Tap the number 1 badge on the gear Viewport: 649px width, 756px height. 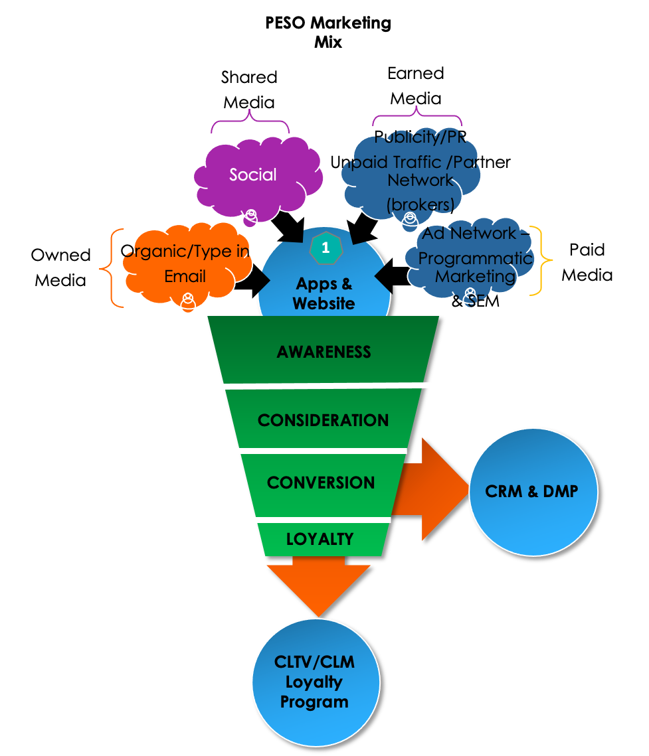pyautogui.click(x=325, y=248)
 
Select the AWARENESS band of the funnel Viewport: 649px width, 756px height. pyautogui.click(x=324, y=352)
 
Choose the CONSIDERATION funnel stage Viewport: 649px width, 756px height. pyautogui.click(x=323, y=420)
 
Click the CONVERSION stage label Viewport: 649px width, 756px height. pyautogui.click(x=321, y=483)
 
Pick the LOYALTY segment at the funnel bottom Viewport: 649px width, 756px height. pyautogui.click(x=320, y=539)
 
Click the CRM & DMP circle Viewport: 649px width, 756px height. pyautogui.click(x=532, y=492)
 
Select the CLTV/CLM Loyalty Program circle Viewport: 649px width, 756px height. pyautogui.click(x=315, y=682)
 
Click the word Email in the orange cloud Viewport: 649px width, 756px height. pyautogui.click(x=185, y=276)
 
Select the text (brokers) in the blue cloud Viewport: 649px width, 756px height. pyautogui.click(x=420, y=203)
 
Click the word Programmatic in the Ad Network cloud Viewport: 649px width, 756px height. pyautogui.click(x=475, y=258)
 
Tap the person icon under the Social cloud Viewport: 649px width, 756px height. pyautogui.click(x=250, y=216)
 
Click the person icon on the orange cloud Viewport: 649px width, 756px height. pyautogui.click(x=189, y=301)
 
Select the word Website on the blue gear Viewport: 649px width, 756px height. pyautogui.click(x=324, y=303)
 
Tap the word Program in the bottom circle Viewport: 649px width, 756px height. pyautogui.click(x=314, y=702)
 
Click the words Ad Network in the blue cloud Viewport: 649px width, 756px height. pyautogui.click(x=469, y=233)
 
